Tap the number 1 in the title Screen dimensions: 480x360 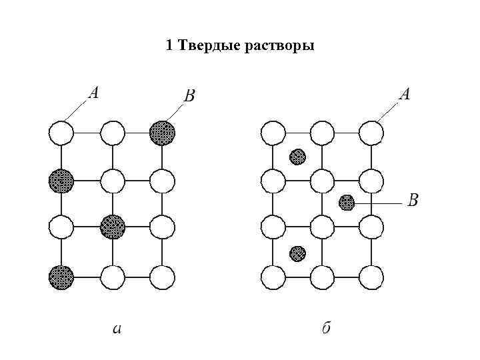(x=169, y=46)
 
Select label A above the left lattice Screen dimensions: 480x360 (x=93, y=93)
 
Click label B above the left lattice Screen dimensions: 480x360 (x=189, y=97)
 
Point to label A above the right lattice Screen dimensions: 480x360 (x=404, y=94)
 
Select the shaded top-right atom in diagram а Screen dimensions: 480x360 (x=162, y=132)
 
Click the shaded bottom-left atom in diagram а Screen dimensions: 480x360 (x=61, y=276)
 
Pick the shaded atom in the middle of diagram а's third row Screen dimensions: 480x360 (x=112, y=227)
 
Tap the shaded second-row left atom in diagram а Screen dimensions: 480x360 (x=61, y=179)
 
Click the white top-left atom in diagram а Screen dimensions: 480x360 (x=61, y=132)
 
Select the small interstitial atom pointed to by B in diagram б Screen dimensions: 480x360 (x=347, y=202)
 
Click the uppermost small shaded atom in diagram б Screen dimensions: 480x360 (x=297, y=157)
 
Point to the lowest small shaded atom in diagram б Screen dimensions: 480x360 (x=297, y=253)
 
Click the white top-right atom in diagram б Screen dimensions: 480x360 (x=372, y=132)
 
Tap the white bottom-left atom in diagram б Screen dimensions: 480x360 (x=273, y=276)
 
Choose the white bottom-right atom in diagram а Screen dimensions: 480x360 (x=162, y=276)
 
